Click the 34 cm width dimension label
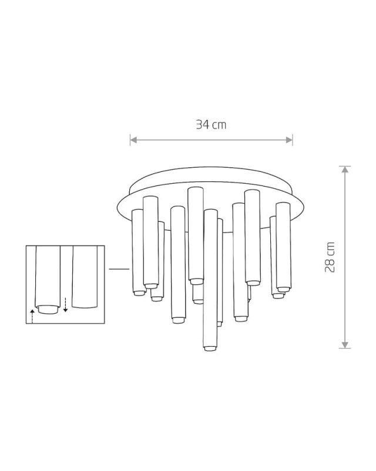(x=211, y=124)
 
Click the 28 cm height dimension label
(x=330, y=257)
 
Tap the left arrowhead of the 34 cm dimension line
(x=133, y=140)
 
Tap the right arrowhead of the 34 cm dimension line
(x=289, y=140)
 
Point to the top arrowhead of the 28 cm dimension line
(x=345, y=170)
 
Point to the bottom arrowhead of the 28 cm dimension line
(x=345, y=345)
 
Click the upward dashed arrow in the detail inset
(x=32, y=316)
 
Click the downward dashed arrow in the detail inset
(x=65, y=304)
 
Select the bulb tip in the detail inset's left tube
(x=48, y=310)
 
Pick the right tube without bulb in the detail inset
(x=85, y=277)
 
